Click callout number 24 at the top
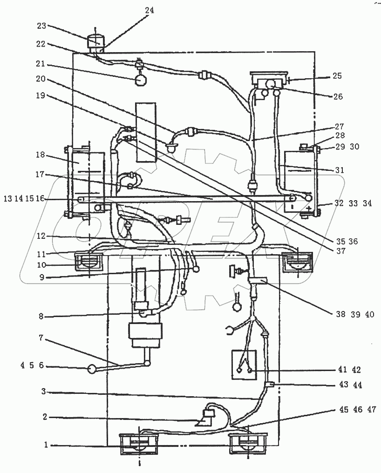pyautogui.click(x=150, y=10)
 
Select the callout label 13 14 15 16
pyautogui.click(x=24, y=199)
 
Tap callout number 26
pyautogui.click(x=338, y=97)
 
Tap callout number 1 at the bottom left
pyautogui.click(x=45, y=445)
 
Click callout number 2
pyautogui.click(x=45, y=418)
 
